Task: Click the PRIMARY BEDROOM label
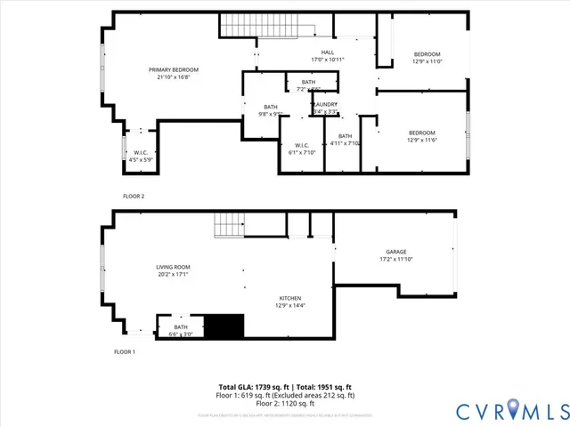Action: pyautogui.click(x=173, y=69)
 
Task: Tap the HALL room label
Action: pyautogui.click(x=328, y=52)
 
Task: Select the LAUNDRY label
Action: pyautogui.click(x=325, y=104)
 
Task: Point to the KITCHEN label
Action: pyautogui.click(x=289, y=298)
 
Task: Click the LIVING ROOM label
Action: pyautogui.click(x=173, y=267)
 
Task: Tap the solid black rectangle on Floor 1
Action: pyautogui.click(x=224, y=326)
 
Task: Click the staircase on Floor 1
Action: pyautogui.click(x=228, y=227)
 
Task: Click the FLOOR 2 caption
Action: pyautogui.click(x=134, y=196)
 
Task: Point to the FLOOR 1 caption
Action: pyautogui.click(x=125, y=352)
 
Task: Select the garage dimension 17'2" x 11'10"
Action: pyautogui.click(x=396, y=259)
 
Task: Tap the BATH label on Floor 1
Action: pyautogui.click(x=181, y=327)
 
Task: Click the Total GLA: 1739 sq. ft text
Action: pyautogui.click(x=253, y=387)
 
